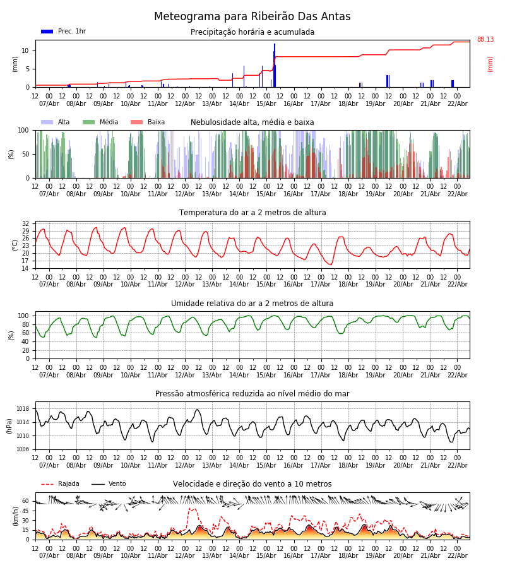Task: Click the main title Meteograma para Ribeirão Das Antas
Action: (x=252, y=17)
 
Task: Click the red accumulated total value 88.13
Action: (x=485, y=40)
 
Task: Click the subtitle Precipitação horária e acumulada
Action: (x=252, y=32)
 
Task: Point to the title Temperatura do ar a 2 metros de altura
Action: (x=252, y=213)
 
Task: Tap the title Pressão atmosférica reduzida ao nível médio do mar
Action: (x=252, y=394)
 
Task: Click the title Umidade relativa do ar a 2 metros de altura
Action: (x=252, y=304)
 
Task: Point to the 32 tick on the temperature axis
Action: (x=25, y=223)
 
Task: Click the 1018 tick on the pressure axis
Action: (x=23, y=409)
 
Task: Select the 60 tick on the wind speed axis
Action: (x=25, y=501)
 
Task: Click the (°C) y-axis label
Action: (x=15, y=245)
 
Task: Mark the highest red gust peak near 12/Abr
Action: (x=191, y=508)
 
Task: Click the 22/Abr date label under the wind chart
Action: (x=457, y=555)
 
